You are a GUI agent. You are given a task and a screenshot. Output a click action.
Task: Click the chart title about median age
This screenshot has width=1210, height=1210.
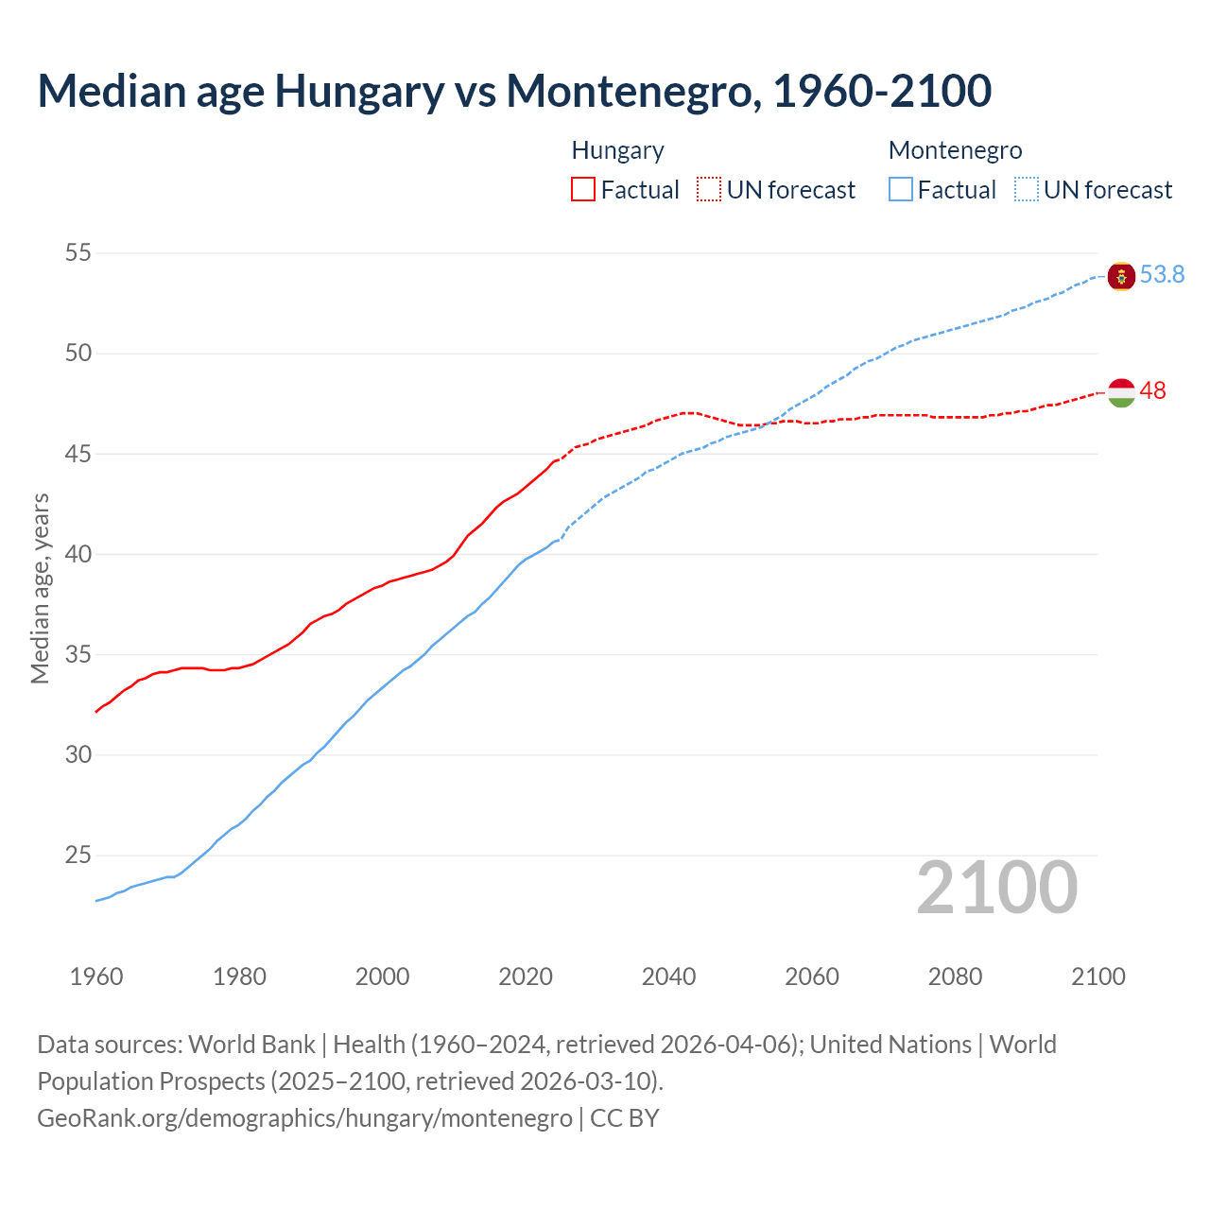514,91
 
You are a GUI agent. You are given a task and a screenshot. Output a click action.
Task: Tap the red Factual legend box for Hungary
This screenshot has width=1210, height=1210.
583,190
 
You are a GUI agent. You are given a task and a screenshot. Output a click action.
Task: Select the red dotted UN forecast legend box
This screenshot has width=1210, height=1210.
709,190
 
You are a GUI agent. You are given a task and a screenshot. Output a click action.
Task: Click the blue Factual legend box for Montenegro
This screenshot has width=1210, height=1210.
901,190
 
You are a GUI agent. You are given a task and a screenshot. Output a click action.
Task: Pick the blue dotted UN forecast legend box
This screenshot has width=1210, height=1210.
1027,190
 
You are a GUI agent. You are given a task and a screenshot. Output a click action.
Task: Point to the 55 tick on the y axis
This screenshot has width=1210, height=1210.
78,253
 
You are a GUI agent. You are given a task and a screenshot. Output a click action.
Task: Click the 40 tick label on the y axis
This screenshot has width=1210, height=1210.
78,554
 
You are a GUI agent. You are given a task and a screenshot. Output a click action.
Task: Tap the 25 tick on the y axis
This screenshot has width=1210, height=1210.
78,856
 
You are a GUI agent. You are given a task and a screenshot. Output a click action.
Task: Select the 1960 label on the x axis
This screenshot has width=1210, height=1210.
96,977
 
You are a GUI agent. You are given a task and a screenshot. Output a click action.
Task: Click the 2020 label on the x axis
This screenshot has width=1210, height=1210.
526,977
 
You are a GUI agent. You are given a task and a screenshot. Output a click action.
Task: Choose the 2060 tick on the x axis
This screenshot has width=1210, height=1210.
812,977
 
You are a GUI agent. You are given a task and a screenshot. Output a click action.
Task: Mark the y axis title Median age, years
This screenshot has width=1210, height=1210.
40,588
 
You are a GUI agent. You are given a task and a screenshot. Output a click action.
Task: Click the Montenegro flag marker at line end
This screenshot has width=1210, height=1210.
1121,276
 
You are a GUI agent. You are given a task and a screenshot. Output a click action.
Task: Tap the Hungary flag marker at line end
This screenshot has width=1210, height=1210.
1121,392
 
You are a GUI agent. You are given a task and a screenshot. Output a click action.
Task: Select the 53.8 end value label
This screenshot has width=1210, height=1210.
1162,275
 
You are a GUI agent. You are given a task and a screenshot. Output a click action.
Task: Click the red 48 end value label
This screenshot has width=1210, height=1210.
1152,391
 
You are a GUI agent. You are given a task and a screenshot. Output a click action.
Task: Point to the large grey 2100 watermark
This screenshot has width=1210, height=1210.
996,888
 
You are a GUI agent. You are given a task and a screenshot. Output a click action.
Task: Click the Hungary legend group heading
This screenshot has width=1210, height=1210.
617,151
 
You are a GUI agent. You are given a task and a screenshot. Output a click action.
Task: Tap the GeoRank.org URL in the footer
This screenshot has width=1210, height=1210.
304,1118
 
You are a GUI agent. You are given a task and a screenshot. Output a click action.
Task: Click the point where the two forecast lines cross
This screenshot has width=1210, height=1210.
764,424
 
